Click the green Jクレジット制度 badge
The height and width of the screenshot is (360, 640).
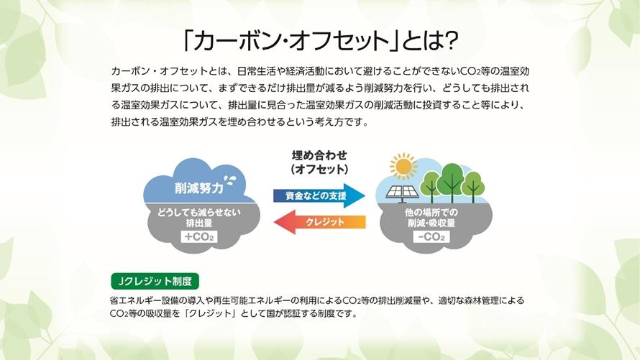click(x=155, y=281)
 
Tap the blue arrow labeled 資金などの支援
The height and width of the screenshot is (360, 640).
click(x=319, y=195)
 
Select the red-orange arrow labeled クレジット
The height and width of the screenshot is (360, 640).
click(x=319, y=222)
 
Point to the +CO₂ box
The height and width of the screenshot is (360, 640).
click(x=199, y=237)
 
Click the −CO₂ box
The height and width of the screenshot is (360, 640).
click(x=431, y=237)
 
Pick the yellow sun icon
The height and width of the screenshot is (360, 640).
click(x=403, y=166)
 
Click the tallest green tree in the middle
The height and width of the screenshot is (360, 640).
click(x=452, y=182)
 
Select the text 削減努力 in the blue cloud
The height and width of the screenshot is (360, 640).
click(x=199, y=188)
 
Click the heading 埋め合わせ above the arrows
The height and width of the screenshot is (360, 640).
click(x=319, y=155)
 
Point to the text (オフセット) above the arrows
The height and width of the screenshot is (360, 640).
click(x=319, y=169)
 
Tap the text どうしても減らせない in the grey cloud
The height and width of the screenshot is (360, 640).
click(x=199, y=213)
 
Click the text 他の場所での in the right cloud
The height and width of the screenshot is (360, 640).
click(x=431, y=213)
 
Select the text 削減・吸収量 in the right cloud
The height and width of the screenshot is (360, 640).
click(x=431, y=223)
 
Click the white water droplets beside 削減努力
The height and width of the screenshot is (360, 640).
click(x=231, y=180)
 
